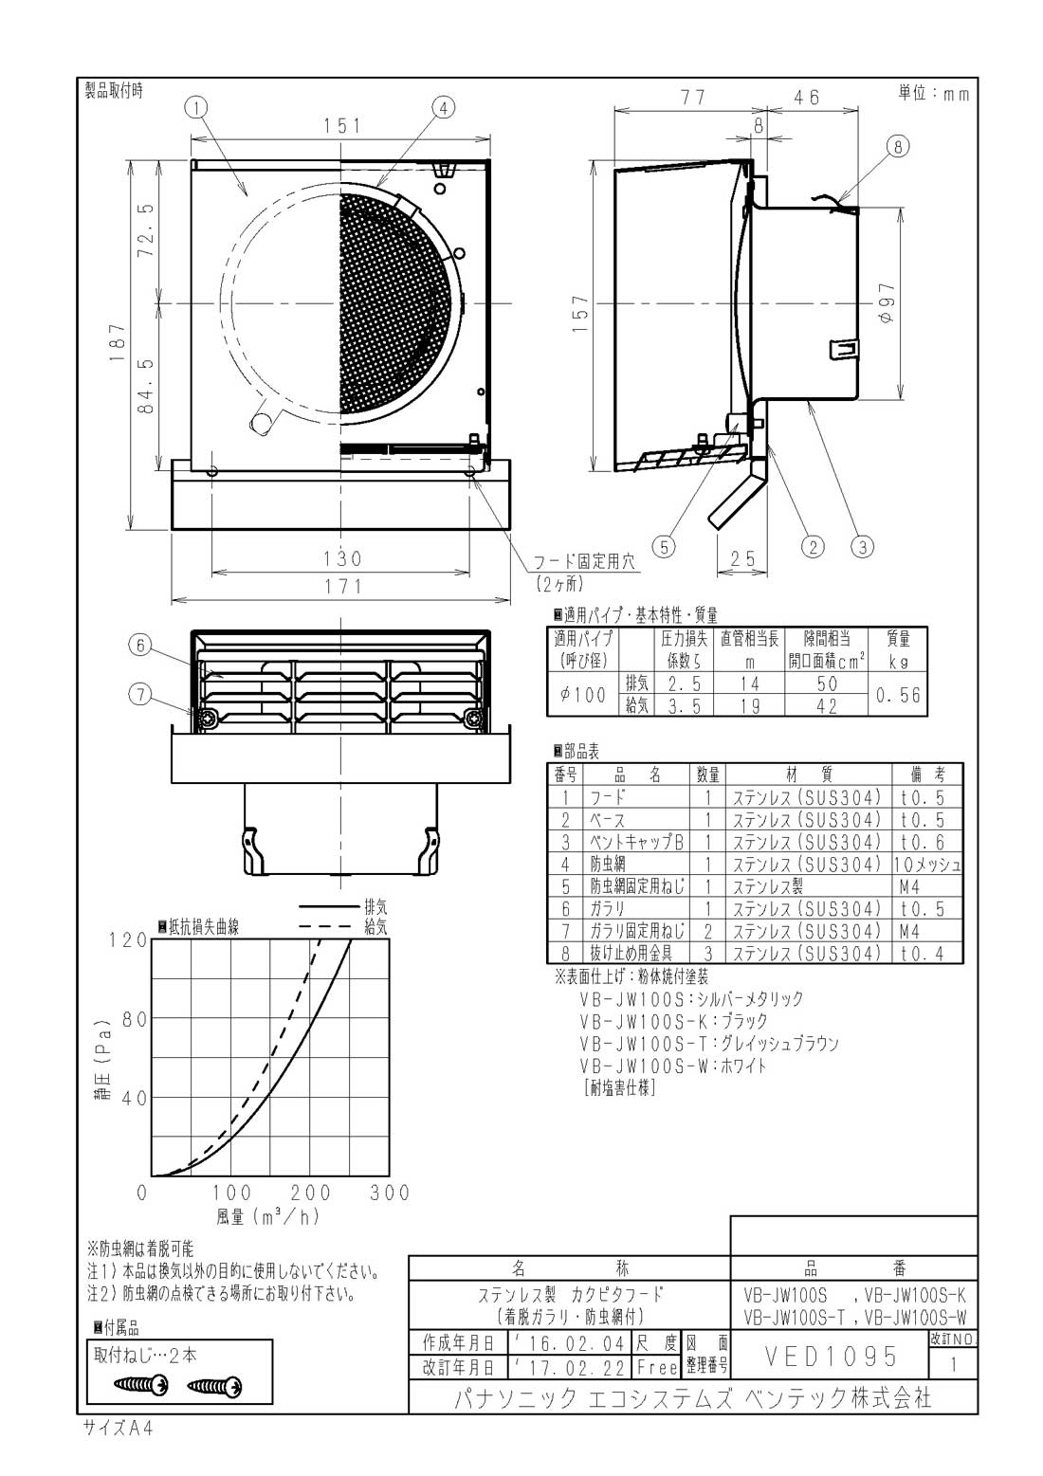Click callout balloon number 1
194,108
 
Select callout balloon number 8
897,146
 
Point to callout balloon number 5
664,546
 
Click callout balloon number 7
140,695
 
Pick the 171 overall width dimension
341,587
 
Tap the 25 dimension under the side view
743,559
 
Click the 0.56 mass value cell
897,695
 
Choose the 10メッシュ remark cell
926,865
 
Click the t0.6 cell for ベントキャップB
922,842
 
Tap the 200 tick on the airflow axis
311,1193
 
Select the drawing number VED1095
829,1357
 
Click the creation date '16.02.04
565,1343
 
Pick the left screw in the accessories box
140,1386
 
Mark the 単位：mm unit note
933,93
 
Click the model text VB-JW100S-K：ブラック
673,1021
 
